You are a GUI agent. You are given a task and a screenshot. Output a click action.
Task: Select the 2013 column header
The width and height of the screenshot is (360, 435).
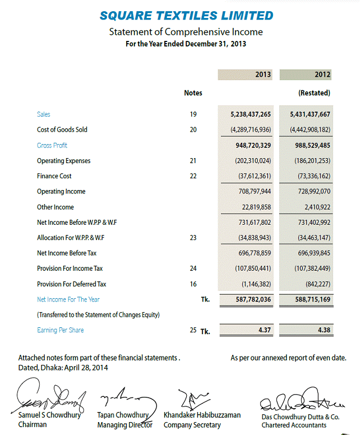(x=262, y=74)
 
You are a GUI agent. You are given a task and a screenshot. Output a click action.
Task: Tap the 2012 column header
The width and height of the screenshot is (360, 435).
(x=322, y=74)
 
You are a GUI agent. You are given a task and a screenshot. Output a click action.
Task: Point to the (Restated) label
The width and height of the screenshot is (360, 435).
(x=314, y=92)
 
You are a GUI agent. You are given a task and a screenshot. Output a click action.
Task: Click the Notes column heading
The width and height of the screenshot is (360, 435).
(x=193, y=92)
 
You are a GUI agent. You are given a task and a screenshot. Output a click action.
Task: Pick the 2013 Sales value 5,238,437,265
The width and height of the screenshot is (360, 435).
(x=251, y=114)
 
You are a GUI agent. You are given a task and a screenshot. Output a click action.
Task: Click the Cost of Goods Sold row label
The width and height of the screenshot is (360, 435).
(x=62, y=129)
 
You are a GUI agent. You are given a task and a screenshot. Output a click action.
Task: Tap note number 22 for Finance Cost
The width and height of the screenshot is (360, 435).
(x=193, y=176)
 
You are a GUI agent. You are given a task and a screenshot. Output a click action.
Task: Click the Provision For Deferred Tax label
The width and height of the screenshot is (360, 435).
(x=71, y=284)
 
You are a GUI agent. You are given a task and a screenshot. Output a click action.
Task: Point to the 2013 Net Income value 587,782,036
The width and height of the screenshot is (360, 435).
(x=251, y=300)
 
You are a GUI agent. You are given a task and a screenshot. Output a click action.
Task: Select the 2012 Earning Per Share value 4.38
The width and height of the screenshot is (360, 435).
(x=324, y=330)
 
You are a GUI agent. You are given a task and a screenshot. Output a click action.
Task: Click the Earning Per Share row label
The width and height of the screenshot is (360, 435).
(x=60, y=330)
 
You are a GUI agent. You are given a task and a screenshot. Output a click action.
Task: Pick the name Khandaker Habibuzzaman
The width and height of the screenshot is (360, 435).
(x=202, y=415)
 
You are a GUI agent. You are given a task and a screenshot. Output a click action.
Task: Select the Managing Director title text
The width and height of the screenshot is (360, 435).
(x=124, y=425)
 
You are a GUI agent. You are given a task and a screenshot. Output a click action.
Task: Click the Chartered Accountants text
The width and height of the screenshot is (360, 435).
(x=293, y=425)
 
